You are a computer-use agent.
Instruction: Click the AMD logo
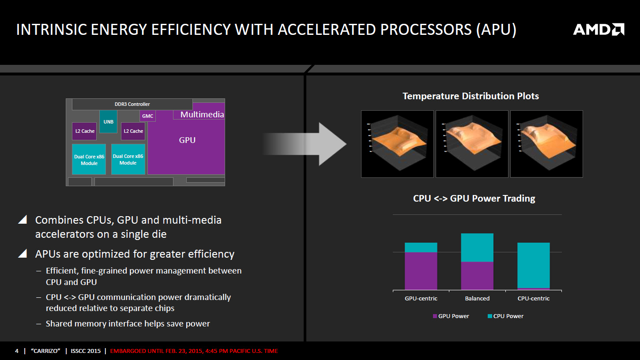599,30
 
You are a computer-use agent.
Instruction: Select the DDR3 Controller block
132,105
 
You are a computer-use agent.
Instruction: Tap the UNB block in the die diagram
108,121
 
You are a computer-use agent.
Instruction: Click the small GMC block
147,116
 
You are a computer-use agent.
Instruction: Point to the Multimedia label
202,115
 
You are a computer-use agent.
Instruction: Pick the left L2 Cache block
84,131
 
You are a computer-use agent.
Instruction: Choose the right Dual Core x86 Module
128,159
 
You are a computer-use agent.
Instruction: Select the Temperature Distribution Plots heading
471,96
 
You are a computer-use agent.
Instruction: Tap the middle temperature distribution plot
471,144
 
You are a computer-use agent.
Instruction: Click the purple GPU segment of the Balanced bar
477,276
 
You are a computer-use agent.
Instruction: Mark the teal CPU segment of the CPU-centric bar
533,265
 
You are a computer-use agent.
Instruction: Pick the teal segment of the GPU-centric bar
421,247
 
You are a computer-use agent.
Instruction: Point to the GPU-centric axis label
421,299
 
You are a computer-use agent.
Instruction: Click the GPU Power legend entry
451,316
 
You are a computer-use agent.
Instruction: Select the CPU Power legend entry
505,316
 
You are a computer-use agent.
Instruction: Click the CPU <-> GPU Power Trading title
474,199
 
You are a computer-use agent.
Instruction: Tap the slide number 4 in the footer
17,351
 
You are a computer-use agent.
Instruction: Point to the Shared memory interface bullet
128,324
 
